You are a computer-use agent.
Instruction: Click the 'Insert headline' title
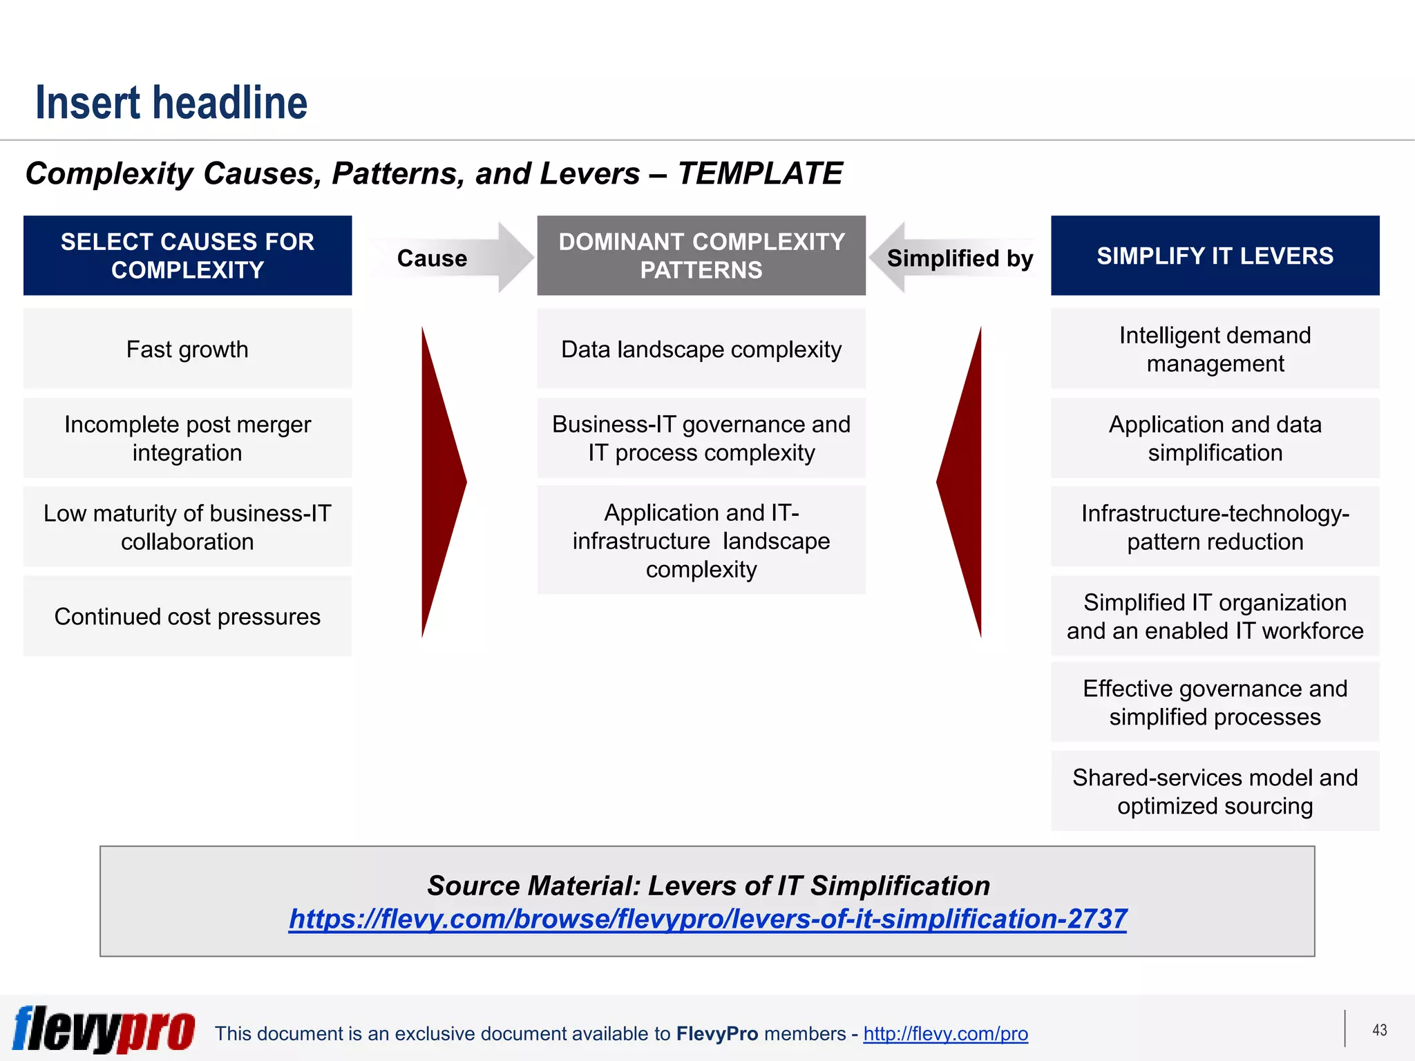171,102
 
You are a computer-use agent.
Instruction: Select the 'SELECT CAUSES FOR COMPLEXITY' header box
187,256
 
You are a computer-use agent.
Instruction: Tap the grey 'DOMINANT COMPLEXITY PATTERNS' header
701,256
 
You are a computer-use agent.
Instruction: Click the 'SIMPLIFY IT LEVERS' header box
1215,256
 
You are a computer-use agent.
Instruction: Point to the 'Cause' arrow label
432,258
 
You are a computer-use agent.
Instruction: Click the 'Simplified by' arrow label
960,258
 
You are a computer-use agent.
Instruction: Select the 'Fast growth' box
187,349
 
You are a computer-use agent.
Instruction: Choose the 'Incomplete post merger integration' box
187,438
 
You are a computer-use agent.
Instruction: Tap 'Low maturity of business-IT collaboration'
187,527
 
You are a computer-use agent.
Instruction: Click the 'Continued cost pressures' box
187,616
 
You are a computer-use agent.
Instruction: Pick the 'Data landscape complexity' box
701,349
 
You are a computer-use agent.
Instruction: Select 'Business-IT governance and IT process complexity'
701,438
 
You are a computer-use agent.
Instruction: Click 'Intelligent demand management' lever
1215,349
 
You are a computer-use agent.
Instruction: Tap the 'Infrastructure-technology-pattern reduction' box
1215,527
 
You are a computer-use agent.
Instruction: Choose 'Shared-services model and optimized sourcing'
1215,791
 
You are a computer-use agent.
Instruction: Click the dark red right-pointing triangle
439,481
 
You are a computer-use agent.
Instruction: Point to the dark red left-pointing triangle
965,481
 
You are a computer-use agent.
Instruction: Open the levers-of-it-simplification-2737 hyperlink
707,919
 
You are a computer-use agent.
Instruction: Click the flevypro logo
104,1029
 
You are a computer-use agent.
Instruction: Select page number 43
1379,1030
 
